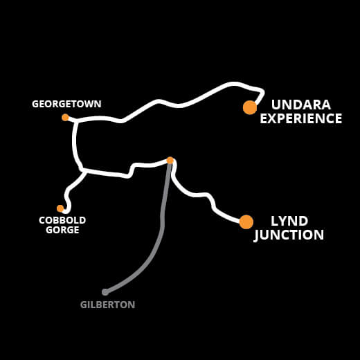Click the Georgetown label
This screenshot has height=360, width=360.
66,104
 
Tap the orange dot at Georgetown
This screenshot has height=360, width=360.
65,117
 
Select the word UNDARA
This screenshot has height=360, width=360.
301,105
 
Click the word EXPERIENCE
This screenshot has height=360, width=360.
301,118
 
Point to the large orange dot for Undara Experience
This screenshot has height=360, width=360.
250,107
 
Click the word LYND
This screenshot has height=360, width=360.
289,221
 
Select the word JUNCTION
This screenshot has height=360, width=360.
289,235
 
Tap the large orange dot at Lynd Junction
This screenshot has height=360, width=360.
246,222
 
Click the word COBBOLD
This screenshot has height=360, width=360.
62,220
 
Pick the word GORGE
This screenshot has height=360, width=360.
62,230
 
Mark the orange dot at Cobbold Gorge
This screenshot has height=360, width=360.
60,208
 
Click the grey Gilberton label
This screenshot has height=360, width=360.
107,305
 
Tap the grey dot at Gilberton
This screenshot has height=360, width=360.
105,292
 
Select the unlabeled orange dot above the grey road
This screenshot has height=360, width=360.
170,161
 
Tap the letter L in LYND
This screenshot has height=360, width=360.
275,221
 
